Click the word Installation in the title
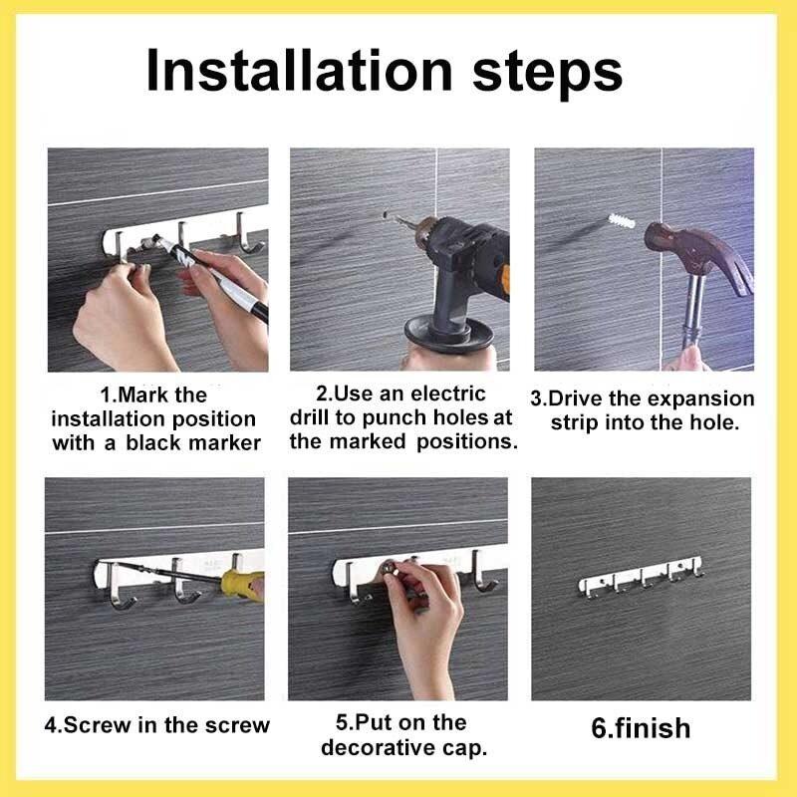(299, 70)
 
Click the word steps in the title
(547, 74)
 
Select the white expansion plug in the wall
(621, 220)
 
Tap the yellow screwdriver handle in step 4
(242, 585)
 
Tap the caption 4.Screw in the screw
(156, 725)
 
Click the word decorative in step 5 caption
(376, 747)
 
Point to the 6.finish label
(641, 728)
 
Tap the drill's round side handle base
(449, 333)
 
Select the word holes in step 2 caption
(461, 417)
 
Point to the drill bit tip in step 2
(385, 214)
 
